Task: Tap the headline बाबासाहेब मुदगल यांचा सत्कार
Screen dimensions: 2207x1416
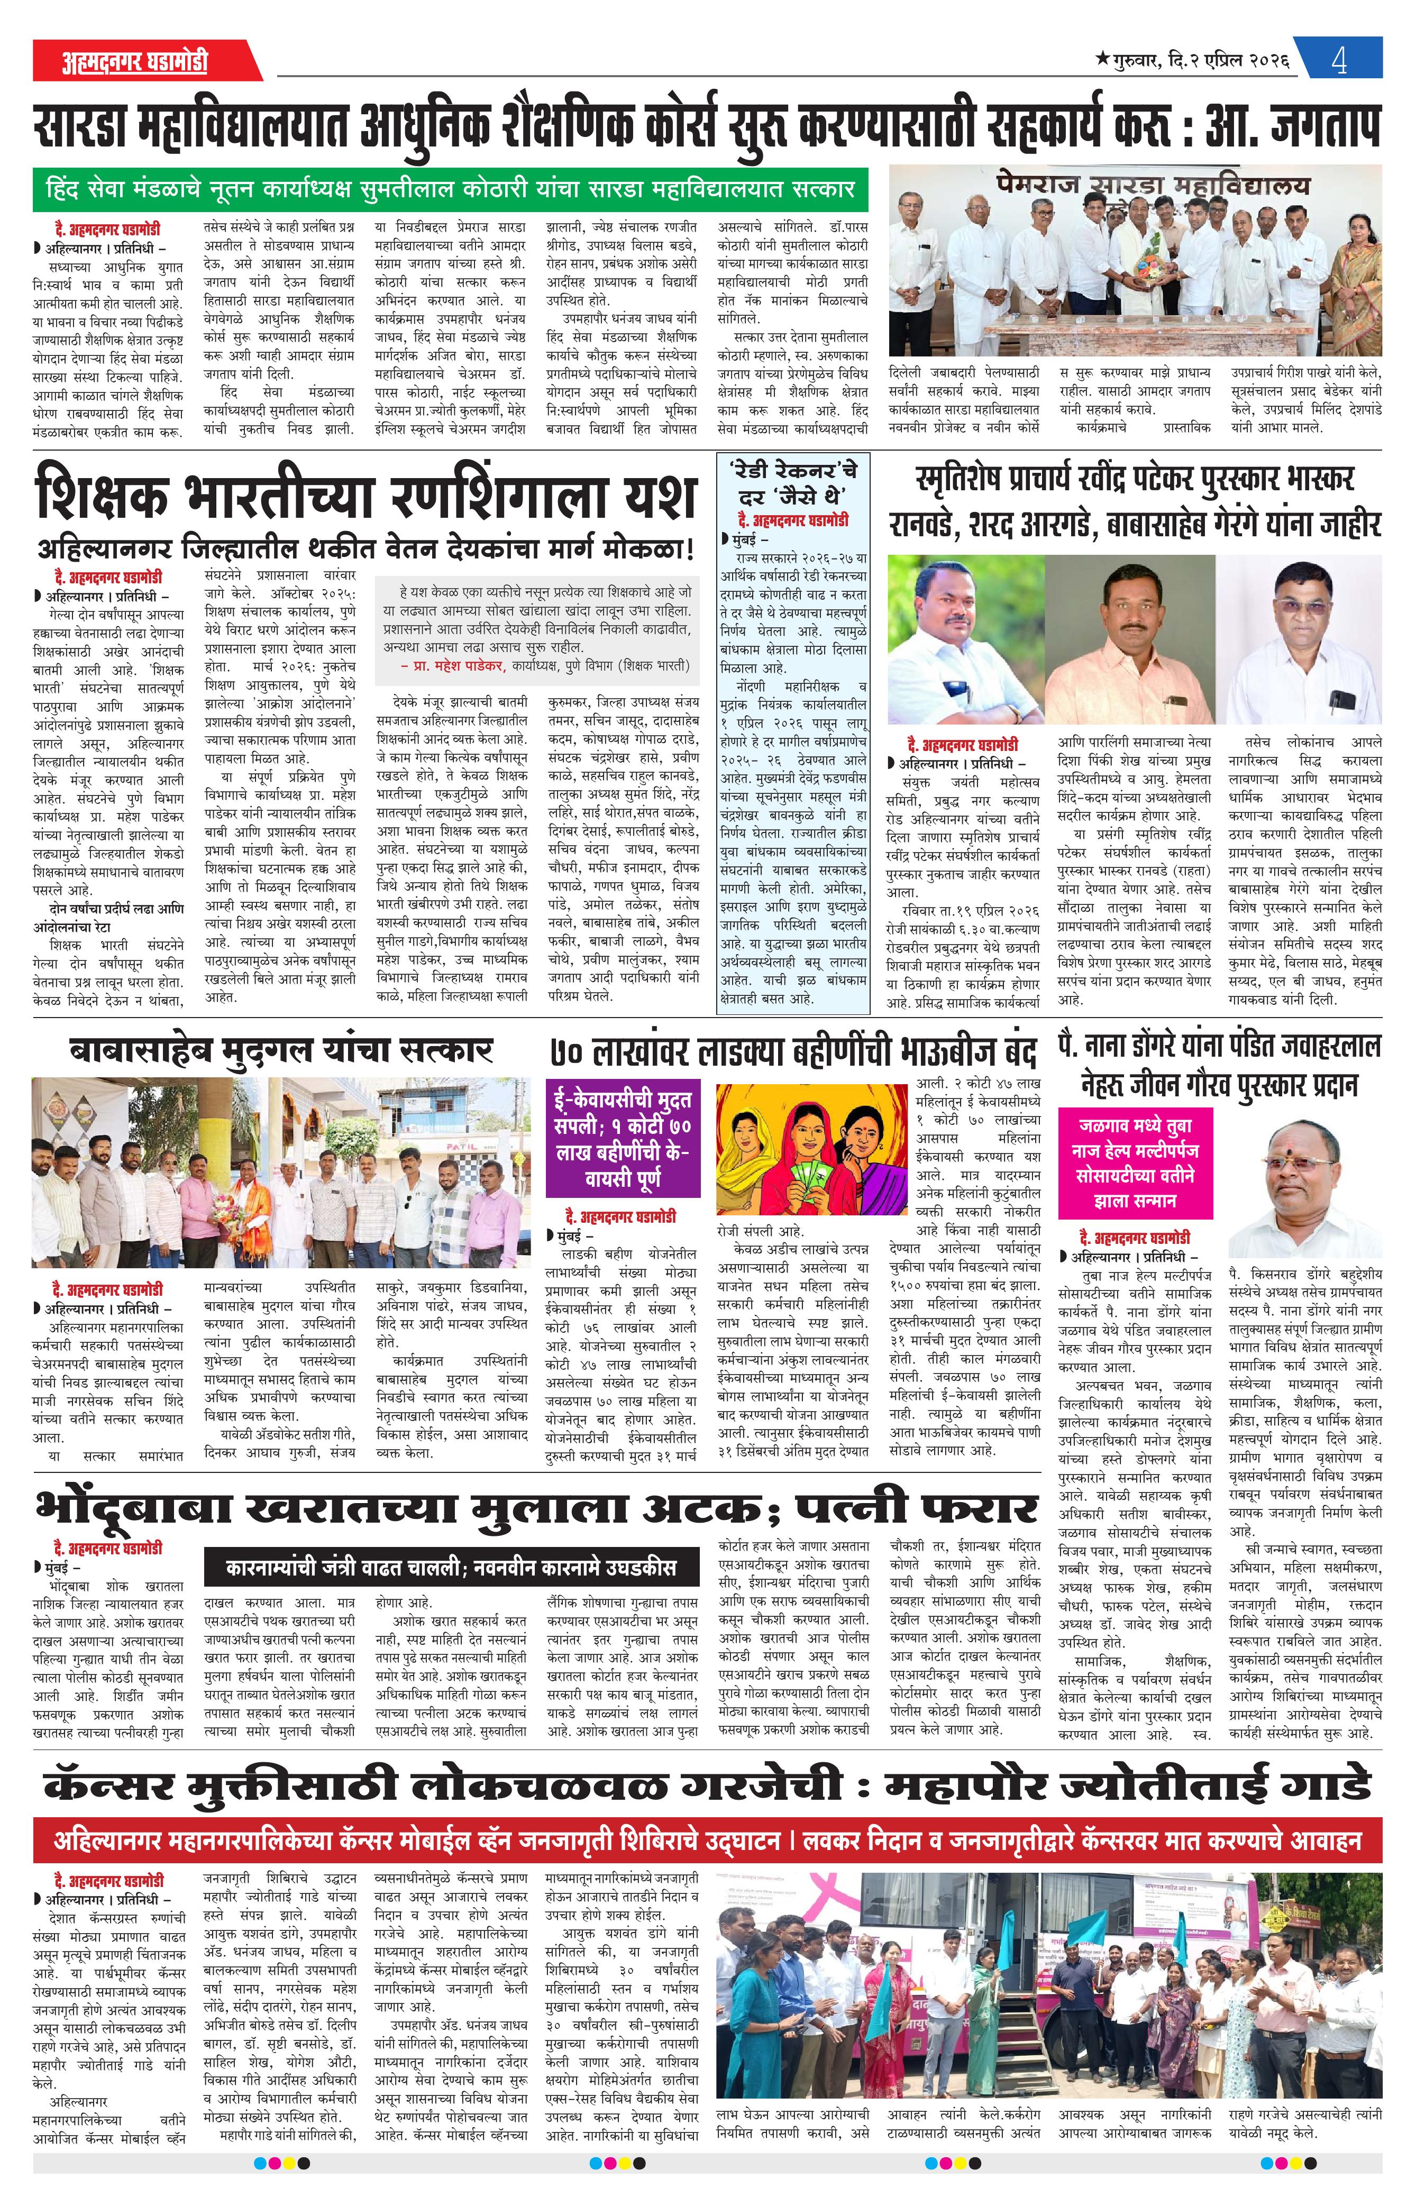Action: (281, 1050)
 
